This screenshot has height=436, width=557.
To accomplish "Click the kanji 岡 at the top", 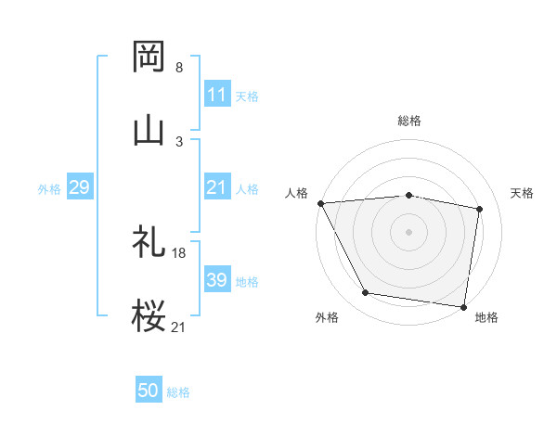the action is [149, 57].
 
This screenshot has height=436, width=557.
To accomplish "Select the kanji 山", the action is [149, 131].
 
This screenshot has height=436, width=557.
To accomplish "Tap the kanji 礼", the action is [149, 242].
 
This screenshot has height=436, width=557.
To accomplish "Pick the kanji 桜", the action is [149, 316].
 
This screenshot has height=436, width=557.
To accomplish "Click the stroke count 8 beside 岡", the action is [179, 68].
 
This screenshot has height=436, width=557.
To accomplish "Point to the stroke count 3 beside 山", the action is [179, 142].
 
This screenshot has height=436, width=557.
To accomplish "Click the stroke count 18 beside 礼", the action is [179, 253].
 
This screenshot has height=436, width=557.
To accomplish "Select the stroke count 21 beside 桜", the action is [179, 327].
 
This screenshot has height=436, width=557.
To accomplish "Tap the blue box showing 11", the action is [216, 95].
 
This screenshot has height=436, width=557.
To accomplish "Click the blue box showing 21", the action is [216, 187].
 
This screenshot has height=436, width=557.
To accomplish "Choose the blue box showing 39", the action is [216, 280].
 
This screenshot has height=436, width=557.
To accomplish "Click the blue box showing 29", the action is [79, 187].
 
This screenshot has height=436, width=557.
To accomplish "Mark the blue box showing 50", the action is [149, 391].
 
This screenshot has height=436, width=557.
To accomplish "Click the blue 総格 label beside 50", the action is [178, 392].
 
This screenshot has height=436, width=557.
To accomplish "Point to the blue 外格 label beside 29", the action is [49, 188].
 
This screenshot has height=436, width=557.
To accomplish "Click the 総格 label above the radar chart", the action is [409, 121].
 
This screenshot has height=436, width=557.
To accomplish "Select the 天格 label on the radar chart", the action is [523, 193].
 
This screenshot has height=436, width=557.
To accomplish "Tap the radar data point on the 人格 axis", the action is [320, 203].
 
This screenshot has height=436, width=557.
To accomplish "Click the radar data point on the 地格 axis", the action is [463, 306].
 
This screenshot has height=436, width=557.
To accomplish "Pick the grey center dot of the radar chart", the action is [409, 232].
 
